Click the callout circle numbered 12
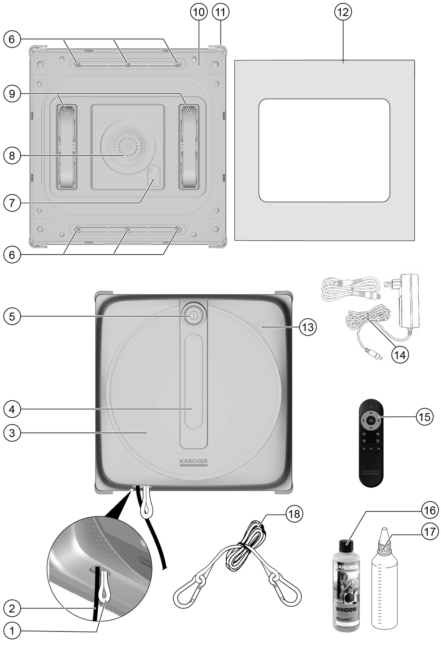(x=342, y=12)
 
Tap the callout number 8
(x=12, y=155)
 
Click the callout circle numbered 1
(x=12, y=630)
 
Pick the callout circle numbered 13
(x=307, y=327)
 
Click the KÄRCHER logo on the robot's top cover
(x=193, y=461)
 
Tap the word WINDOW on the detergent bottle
(x=346, y=609)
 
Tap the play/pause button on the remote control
(x=371, y=419)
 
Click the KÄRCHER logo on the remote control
(x=371, y=471)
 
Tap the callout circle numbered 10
(x=199, y=12)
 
